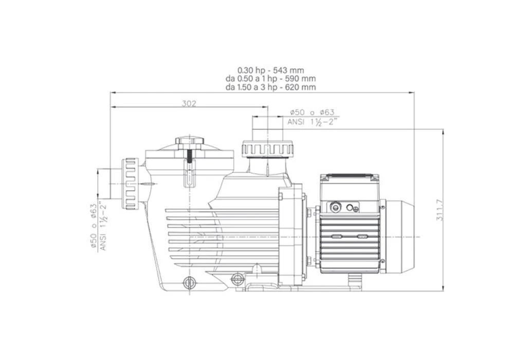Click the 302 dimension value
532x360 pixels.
189,103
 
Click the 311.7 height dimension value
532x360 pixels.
439,210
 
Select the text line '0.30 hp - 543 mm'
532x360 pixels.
271,70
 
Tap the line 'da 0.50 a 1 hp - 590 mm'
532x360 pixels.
271,79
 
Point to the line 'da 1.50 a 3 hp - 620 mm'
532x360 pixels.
271,87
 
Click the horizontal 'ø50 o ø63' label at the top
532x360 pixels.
312,113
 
